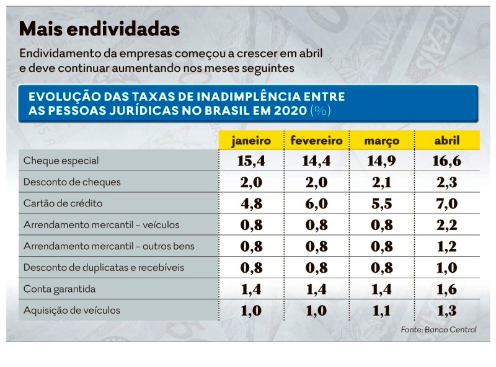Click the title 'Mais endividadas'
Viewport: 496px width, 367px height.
pos(100,29)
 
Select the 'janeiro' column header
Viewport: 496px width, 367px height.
pos(251,141)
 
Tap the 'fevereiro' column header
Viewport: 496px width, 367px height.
pos(316,141)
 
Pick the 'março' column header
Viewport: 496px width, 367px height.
pos(381,141)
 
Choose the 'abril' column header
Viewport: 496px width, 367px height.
pos(446,141)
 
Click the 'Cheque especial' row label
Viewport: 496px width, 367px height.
pos(61,161)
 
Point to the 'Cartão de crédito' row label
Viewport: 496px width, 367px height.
pos(63,203)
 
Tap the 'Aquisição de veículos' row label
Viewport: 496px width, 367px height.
pos(72,310)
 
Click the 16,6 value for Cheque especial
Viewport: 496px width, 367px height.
pos(446,161)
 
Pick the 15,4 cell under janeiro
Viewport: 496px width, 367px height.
pos(251,161)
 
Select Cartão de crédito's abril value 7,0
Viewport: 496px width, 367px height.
pos(446,204)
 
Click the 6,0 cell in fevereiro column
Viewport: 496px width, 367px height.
pos(316,204)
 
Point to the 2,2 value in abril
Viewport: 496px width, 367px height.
pos(446,225)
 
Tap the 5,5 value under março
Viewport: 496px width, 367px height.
pos(381,204)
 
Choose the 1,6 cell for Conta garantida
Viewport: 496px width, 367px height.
pos(446,289)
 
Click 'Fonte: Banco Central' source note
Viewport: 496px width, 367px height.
pos(438,330)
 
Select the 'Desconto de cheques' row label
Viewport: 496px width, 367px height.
pos(72,182)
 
